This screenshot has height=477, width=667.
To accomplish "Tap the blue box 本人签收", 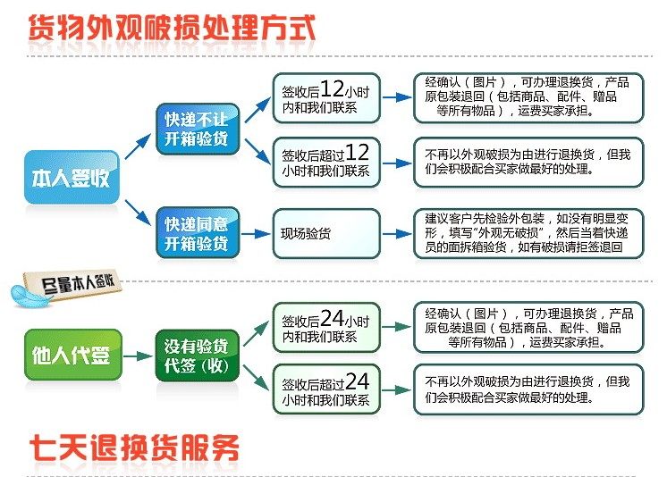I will point(71,177).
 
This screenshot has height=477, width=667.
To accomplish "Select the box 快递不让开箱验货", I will point(196,130).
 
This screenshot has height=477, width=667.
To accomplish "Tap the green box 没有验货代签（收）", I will point(196,356).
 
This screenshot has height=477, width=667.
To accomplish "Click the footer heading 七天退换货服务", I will point(134,448).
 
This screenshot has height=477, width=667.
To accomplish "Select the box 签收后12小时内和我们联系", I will point(325,97).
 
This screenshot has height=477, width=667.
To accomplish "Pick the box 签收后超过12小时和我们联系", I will point(325,162).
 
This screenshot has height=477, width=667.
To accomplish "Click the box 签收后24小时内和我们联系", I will point(325,327).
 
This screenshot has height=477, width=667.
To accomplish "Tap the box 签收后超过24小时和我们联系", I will point(325,389).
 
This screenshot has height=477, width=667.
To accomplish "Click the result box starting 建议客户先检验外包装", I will point(528,232).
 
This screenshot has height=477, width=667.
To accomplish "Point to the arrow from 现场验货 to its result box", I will point(397,232).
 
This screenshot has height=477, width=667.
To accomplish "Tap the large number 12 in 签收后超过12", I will point(358,153).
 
